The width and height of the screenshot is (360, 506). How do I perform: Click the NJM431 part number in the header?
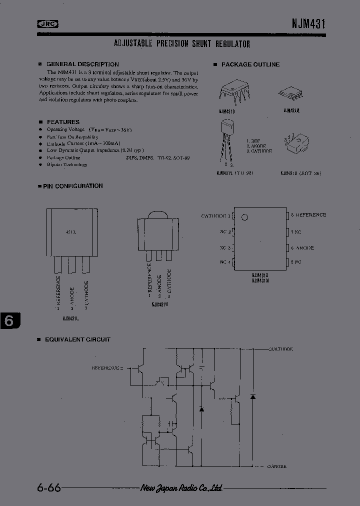pos(309,23)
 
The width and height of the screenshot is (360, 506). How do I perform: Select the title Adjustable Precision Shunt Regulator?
pos(182,44)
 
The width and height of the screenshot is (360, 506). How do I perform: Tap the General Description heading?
pos(82,64)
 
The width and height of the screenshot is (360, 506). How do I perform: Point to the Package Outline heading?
pos(250,64)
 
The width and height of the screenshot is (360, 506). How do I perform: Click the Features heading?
pos(63,122)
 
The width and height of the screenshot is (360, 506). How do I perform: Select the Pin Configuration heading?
pos(72,186)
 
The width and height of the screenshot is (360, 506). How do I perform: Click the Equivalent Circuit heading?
pos(77,339)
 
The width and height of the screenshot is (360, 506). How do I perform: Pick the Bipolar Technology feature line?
pos(67,164)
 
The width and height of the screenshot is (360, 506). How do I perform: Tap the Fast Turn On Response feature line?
pos(72,136)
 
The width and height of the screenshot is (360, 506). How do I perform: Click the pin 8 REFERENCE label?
pos(308,215)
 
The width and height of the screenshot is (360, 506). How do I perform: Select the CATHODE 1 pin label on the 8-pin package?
pos(215,216)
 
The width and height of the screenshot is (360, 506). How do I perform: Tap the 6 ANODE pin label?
pos(302,248)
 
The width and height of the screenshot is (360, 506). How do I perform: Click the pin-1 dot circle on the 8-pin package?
pos(244,217)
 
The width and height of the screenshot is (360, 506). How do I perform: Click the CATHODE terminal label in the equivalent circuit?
pos(282,348)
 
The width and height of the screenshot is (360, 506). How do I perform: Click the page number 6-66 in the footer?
pos(48,488)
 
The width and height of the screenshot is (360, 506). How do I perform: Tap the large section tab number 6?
pos(9,321)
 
